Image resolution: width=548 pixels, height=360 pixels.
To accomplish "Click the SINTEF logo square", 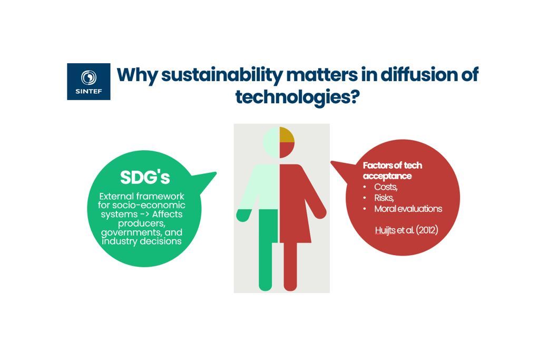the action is [x=89, y=82].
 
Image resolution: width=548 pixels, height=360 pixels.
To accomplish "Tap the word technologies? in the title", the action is [x=297, y=96].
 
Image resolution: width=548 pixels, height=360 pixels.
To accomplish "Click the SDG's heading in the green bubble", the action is [x=145, y=177].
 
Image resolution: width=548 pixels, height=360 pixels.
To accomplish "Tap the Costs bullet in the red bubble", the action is [x=386, y=187].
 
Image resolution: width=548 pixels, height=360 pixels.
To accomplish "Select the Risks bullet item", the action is [x=384, y=198].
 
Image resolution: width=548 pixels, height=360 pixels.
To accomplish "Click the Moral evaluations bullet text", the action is [x=408, y=209].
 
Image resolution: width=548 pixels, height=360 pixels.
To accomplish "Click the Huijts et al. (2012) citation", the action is [x=406, y=230].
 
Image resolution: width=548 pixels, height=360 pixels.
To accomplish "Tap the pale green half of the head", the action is [x=272, y=143].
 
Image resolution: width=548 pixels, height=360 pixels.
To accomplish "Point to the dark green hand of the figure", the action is [x=243, y=215].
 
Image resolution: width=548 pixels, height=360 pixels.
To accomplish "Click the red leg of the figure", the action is [x=290, y=266].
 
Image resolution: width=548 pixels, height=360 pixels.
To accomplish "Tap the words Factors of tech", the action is [x=393, y=166].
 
